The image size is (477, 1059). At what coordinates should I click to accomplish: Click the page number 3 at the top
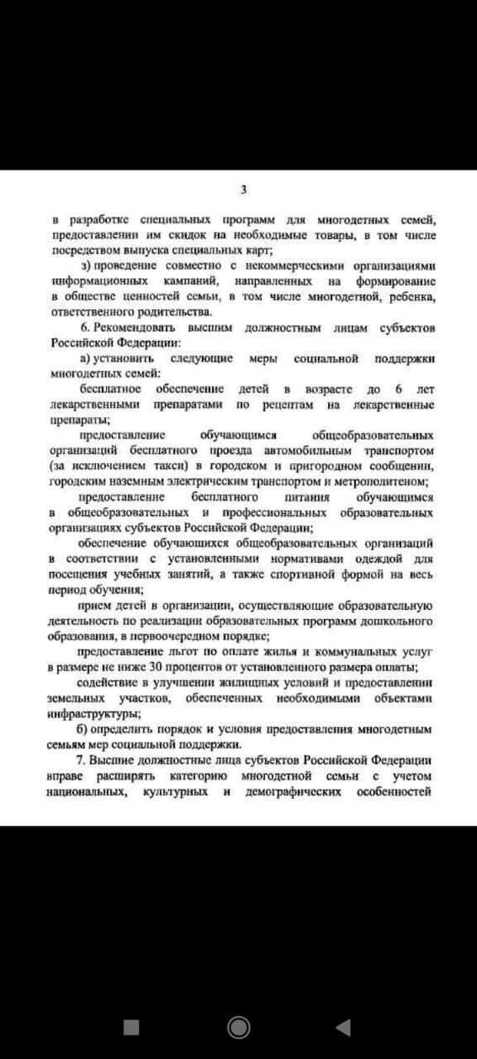(243, 189)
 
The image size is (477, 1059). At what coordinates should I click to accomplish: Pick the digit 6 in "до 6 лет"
(397, 389)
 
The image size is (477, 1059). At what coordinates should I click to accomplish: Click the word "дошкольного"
(400, 620)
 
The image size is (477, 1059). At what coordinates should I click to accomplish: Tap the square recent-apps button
(131, 1027)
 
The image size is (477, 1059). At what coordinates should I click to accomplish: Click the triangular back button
(343, 1027)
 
